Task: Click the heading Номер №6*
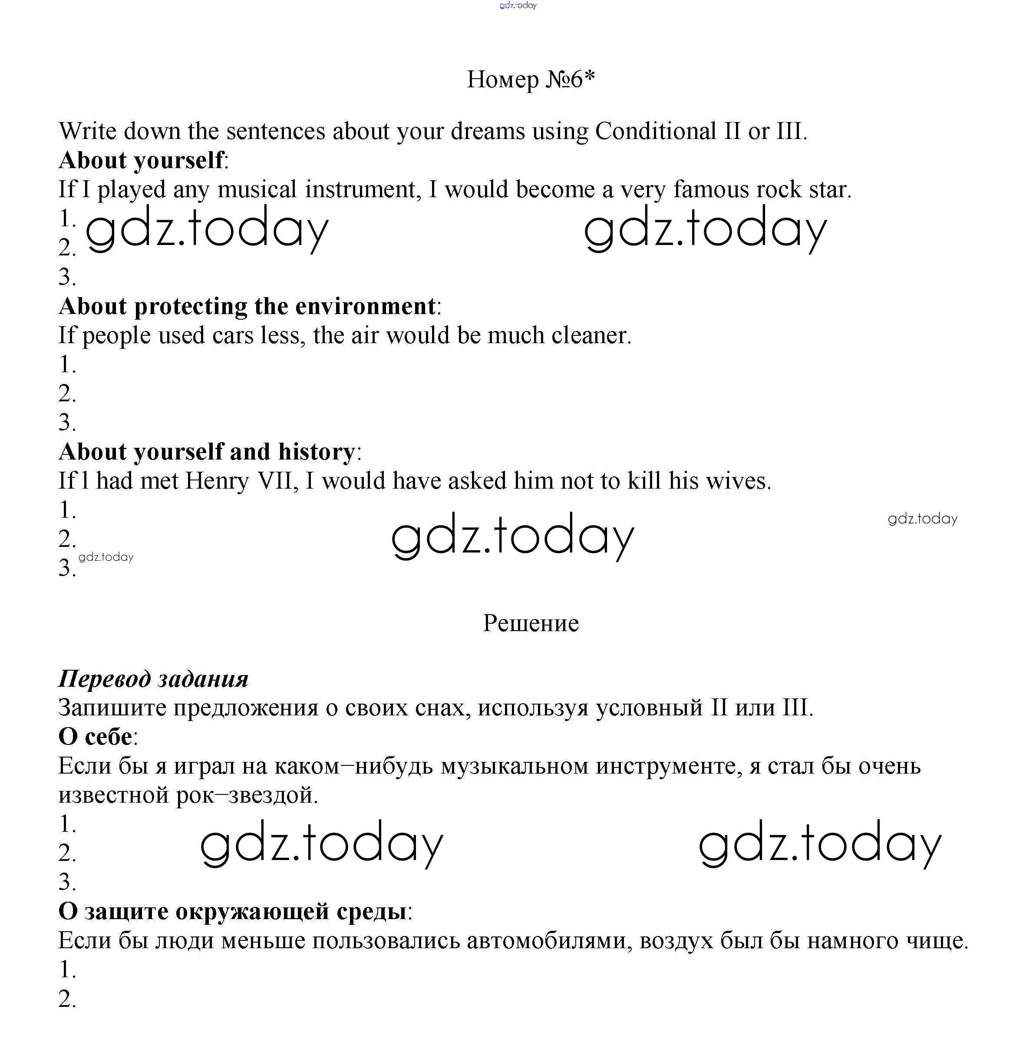(531, 79)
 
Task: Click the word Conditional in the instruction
(656, 131)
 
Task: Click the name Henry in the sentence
(217, 481)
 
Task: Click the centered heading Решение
(531, 623)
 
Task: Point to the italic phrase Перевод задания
(153, 679)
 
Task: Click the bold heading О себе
(96, 737)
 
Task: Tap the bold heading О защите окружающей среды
(233, 912)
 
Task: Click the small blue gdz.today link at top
(518, 6)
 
